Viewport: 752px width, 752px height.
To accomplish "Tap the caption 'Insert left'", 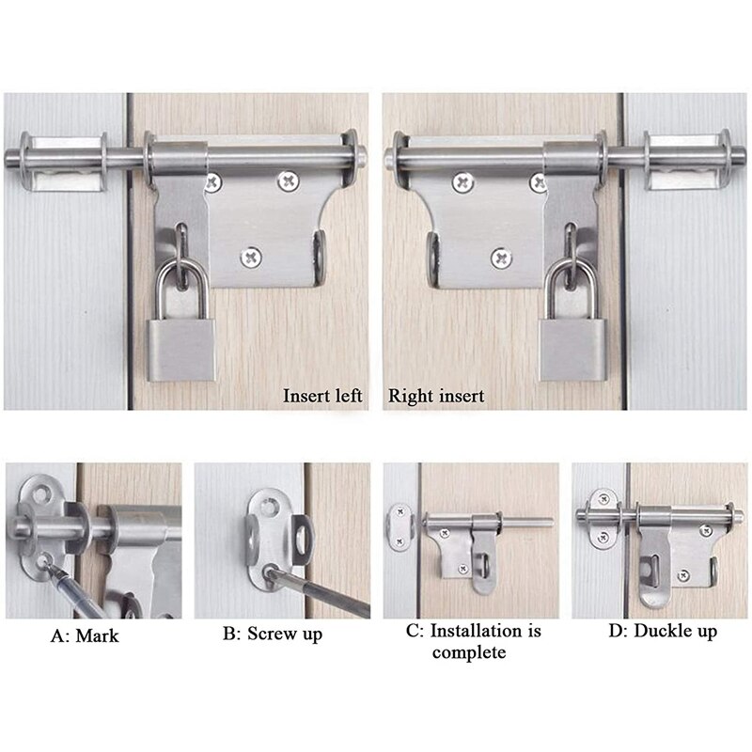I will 322,396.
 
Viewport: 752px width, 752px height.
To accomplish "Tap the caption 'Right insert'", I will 437,396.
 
